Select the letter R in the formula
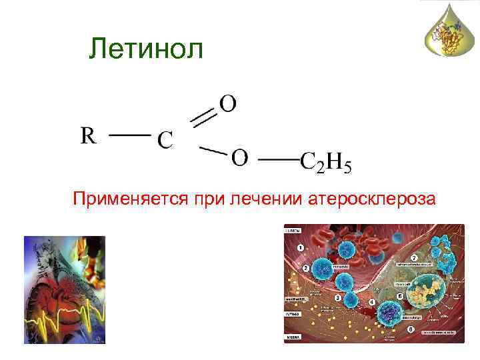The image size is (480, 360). coord(89,136)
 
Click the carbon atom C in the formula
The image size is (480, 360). coord(165,141)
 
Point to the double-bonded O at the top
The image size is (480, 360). coord(227,104)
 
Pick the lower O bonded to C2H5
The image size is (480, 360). coord(240,159)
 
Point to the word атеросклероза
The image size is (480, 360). coord(371,199)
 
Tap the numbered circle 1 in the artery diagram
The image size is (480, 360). coord(301,247)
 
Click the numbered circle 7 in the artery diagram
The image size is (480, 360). coord(415,257)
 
